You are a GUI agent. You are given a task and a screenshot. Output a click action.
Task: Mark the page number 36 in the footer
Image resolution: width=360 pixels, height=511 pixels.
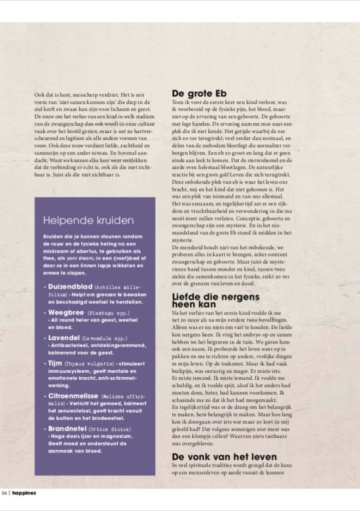pos(4,494)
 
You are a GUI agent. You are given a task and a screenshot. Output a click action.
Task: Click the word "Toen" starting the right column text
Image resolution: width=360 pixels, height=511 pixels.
pos(178,101)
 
